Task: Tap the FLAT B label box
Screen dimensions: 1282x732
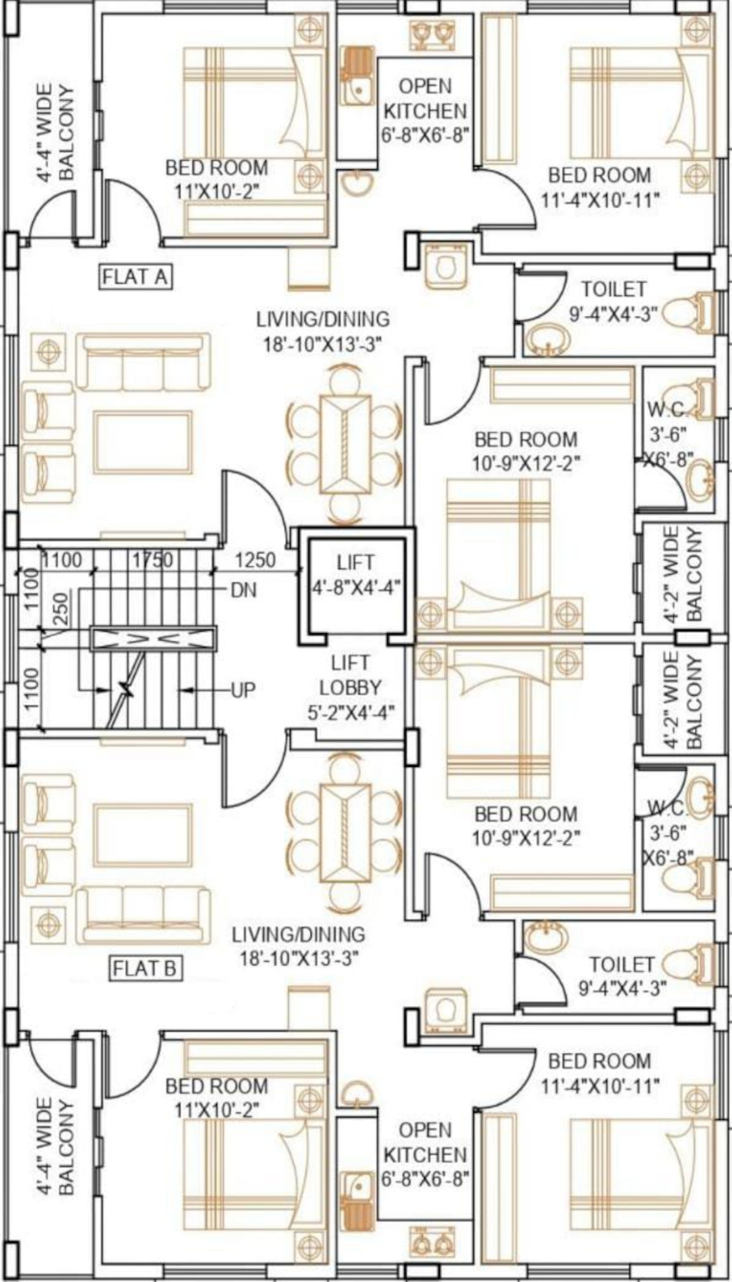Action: pos(144,968)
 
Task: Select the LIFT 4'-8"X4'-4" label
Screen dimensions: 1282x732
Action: pos(355,574)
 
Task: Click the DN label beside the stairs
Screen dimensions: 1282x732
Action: pos(243,590)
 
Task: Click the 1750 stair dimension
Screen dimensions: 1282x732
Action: pos(152,560)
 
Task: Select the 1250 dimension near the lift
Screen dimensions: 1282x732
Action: pos(255,560)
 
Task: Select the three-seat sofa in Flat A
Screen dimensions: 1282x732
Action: pos(143,362)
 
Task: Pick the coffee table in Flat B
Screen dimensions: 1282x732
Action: pos(142,835)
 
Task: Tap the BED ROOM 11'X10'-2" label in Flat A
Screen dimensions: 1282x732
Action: pos(216,179)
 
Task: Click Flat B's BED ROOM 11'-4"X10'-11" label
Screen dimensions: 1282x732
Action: pos(600,1073)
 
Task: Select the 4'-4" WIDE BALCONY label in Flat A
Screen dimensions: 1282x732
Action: pos(55,133)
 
